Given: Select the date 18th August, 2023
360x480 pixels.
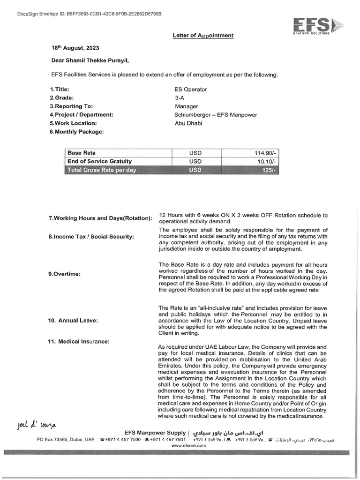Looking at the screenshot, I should (75, 48).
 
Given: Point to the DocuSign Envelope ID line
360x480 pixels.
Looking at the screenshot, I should (89, 14).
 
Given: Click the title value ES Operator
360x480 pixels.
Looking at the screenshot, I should (190, 89).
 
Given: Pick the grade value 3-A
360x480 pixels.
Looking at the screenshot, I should (179, 97).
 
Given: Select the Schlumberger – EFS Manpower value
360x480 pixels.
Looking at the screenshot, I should (216, 114).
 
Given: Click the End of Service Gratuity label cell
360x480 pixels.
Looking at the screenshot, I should (99, 162).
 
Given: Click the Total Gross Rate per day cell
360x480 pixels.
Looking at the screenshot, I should (102, 170).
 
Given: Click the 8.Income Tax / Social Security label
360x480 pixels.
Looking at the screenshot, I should (91, 237).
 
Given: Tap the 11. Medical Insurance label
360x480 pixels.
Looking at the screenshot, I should (78, 342).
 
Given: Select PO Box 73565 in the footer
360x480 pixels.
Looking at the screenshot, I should (55, 440).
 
